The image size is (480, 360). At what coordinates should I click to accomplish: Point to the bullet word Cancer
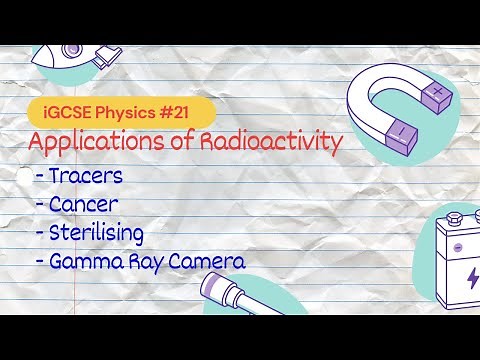(86, 206)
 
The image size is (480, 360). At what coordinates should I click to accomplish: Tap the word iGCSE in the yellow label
(61, 105)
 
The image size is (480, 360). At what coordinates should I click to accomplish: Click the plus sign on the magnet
(437, 94)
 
